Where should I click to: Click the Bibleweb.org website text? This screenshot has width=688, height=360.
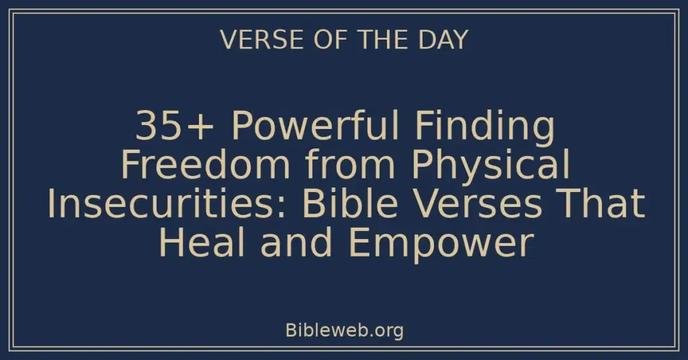point(344,330)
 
